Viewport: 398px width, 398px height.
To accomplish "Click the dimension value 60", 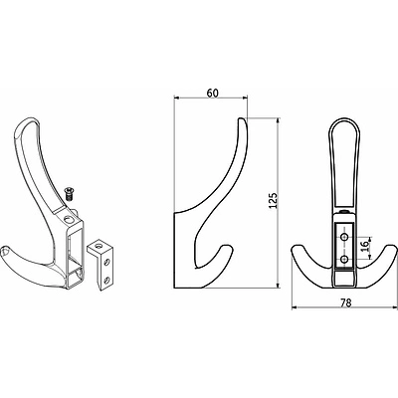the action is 213,94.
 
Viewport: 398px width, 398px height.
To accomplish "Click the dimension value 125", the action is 273,200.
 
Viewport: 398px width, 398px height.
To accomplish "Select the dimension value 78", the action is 345,302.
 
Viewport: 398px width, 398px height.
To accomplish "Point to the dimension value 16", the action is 365,246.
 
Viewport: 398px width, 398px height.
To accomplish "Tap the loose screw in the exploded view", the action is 70,194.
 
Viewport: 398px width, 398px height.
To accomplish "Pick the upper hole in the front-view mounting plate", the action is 345,237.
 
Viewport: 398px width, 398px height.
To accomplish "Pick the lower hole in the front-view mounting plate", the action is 345,259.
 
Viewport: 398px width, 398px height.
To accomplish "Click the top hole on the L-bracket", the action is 99,246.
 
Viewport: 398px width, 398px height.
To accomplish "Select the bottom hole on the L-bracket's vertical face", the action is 106,280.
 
